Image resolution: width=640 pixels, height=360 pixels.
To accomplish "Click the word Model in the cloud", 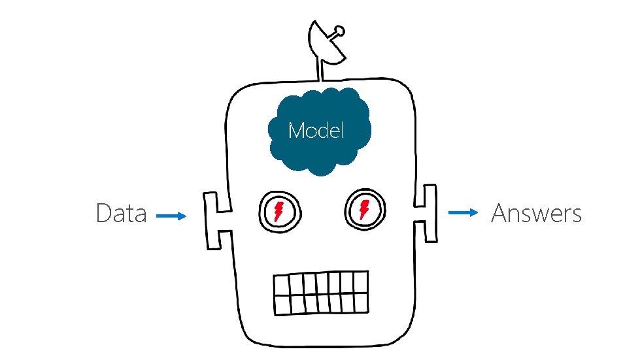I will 316,131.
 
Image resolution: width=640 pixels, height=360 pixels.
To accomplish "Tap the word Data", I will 121,214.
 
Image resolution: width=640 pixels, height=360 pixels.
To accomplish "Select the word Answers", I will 536,214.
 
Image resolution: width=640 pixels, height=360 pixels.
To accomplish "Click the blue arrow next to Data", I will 172,216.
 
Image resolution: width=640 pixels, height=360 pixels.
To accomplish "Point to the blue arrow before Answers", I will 463,212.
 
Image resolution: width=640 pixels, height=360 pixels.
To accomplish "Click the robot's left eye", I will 280,211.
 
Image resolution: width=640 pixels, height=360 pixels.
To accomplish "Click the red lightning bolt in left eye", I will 280,211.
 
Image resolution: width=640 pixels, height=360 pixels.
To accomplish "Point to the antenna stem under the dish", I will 322,71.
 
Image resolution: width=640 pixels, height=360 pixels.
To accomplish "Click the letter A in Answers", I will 499,214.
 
